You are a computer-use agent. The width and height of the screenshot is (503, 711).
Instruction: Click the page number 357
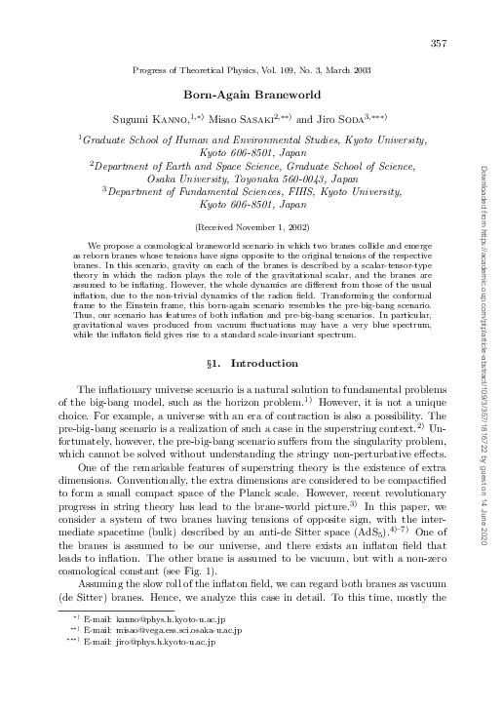click(x=438, y=43)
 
